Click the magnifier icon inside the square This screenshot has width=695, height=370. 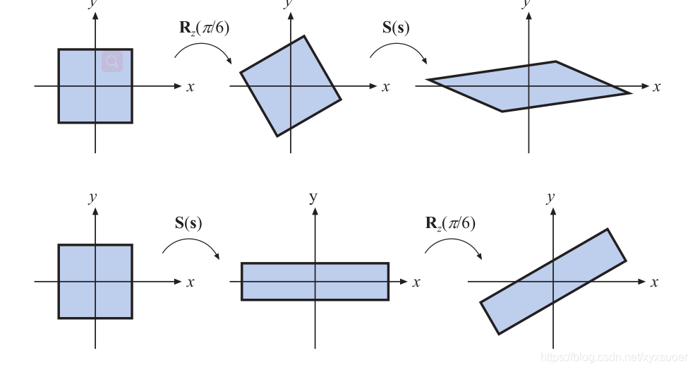[x=112, y=61]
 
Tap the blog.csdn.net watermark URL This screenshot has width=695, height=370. [x=613, y=358]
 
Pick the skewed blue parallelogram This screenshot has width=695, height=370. [x=529, y=86]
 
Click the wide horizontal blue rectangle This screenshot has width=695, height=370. [x=315, y=281]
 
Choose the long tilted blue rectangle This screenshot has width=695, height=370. [x=553, y=281]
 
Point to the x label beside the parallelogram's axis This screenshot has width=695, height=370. [x=656, y=87]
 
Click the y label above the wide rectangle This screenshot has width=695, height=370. [x=313, y=197]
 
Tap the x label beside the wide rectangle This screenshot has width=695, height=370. [x=416, y=282]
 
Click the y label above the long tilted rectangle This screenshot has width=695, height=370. [x=550, y=197]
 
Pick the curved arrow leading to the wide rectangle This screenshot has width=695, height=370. [x=191, y=246]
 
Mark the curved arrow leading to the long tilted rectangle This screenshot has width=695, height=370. [x=454, y=246]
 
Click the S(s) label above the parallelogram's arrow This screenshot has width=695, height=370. [x=396, y=28]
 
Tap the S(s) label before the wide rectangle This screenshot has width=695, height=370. [x=188, y=223]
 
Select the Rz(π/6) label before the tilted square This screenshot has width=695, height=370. [x=204, y=28]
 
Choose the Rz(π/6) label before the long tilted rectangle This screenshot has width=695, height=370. [x=450, y=223]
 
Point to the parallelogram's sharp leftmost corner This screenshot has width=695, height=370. [x=430, y=80]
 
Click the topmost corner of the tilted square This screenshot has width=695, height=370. [x=304, y=37]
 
